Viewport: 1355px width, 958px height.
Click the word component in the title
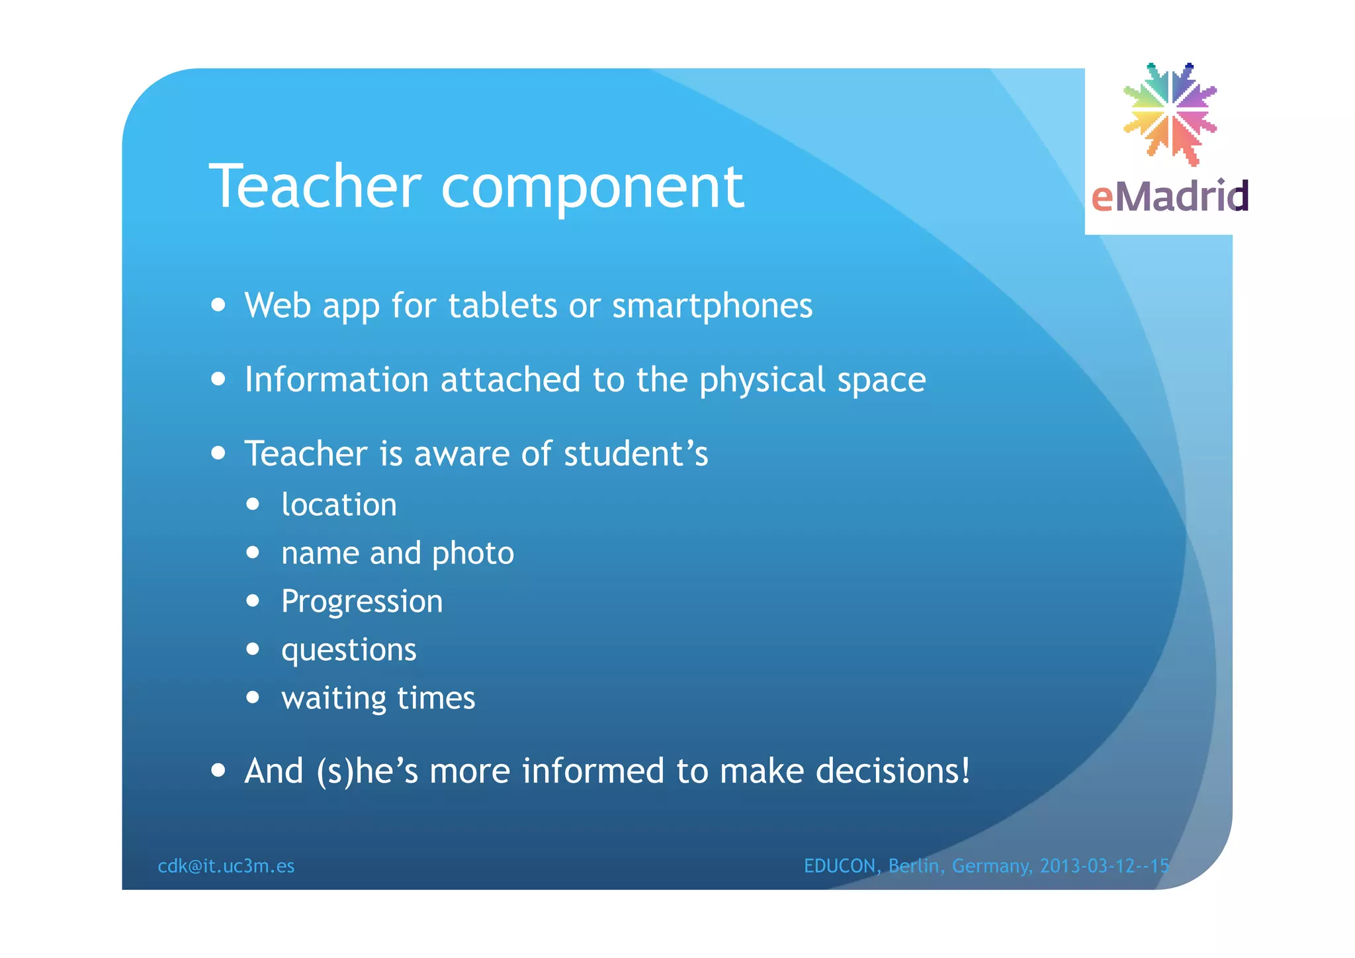[592, 189]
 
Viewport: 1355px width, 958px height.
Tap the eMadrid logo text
[1169, 197]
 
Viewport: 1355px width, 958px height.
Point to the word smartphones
[712, 307]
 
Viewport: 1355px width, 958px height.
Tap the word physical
[762, 381]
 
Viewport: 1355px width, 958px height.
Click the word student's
[635, 454]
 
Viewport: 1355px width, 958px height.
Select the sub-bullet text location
[339, 505]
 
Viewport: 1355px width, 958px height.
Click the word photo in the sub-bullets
[472, 554]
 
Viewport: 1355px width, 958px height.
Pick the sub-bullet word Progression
[362, 602]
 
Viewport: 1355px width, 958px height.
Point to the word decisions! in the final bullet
[893, 771]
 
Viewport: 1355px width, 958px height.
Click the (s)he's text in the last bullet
[367, 772]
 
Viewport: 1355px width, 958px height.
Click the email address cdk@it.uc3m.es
[226, 866]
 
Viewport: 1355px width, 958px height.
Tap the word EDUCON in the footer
[839, 866]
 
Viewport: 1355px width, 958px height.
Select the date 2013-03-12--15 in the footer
[1104, 866]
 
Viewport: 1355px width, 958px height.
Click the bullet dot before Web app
[218, 306]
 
